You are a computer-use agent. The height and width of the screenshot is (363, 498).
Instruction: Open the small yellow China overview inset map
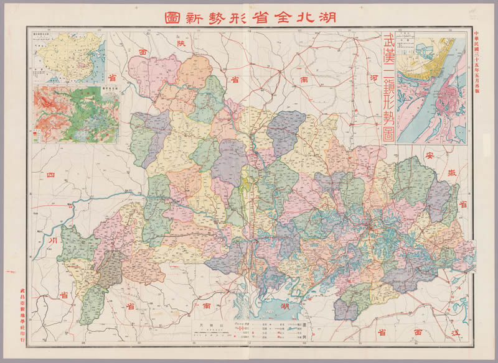pyautogui.click(x=69, y=57)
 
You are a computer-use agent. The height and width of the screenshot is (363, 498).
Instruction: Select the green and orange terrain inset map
pyautogui.click(x=76, y=114)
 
